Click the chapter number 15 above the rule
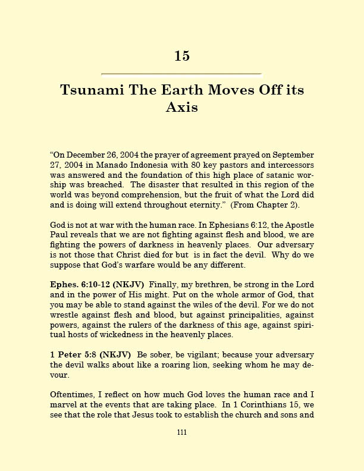click(182, 56)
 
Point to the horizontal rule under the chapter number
click(182, 74)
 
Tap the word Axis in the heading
click(182, 108)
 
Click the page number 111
click(182, 432)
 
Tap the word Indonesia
click(140, 164)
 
